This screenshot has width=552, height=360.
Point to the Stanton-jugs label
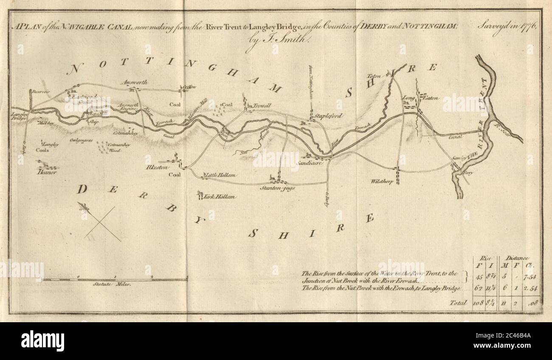279,187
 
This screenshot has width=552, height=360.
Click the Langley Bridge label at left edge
19,116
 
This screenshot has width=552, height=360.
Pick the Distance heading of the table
517,258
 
